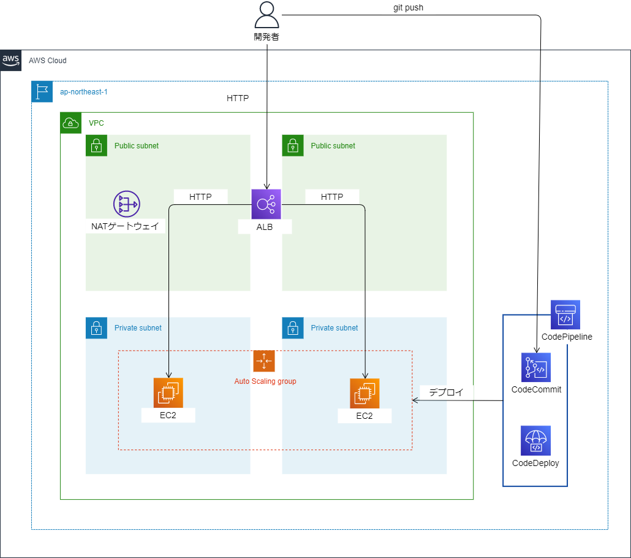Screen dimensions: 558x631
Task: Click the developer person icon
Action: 266,15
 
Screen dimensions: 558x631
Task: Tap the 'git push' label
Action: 408,8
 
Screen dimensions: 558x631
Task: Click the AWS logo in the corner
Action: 11,60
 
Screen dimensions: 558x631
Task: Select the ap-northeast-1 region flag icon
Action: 42,91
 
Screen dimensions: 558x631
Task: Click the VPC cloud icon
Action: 70,123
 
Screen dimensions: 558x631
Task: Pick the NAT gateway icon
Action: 126,204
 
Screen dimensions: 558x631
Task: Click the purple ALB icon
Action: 266,204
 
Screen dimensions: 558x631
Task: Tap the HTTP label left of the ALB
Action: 200,197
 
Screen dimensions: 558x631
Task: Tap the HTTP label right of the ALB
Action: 332,197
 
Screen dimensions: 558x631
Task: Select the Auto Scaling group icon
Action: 264,361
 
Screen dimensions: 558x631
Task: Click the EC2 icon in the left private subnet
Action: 168,393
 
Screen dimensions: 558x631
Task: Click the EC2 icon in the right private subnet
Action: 365,393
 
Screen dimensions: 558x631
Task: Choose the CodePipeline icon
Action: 565,315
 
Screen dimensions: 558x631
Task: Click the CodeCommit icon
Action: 536,367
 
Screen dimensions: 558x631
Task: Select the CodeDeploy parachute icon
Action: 536,440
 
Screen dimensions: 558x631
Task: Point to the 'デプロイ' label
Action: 447,392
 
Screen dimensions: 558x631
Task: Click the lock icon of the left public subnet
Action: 96,145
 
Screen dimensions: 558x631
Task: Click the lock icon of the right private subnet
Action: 293,327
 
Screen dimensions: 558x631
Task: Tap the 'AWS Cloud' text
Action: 48,61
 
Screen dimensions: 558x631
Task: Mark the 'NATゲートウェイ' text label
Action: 125,226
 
